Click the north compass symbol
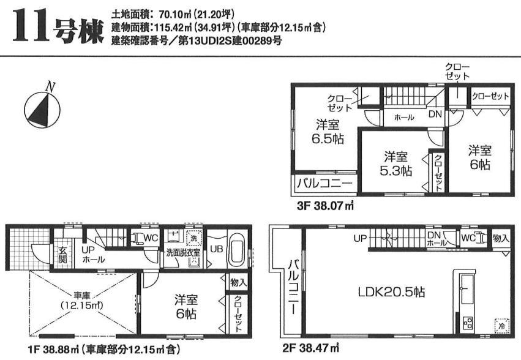42,108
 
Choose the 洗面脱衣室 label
179,251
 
